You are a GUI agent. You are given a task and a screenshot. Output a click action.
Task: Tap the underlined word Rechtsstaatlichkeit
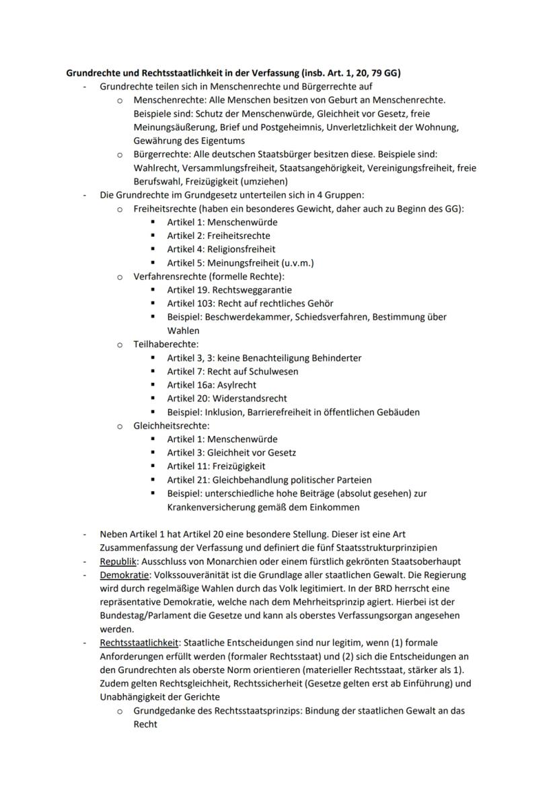[139, 643]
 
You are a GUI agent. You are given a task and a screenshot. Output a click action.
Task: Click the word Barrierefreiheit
[290, 412]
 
